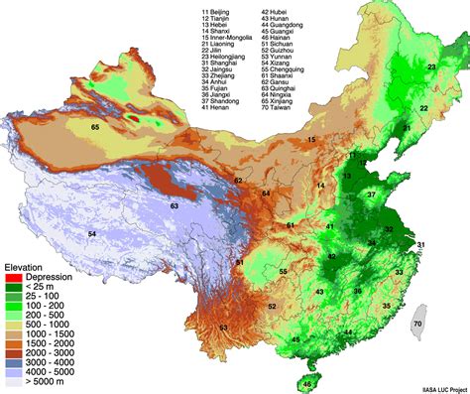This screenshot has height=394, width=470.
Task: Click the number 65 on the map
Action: tap(95, 127)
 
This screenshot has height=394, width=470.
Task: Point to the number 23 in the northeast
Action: tap(430, 66)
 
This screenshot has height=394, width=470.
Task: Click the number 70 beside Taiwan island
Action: tap(445, 324)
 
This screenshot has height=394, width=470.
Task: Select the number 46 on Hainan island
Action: tap(307, 383)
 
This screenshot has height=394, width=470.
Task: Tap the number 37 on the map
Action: tap(371, 196)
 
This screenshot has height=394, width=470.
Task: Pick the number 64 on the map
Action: tap(266, 192)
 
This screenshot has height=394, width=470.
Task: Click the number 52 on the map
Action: tap(272, 307)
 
